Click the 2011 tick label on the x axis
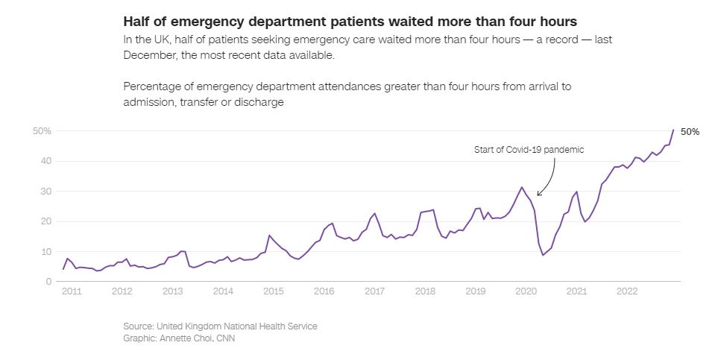point(71,291)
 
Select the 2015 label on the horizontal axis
point(273,291)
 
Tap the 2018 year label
point(425,291)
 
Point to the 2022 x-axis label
point(627,291)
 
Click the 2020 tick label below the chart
point(526,291)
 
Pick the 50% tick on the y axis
point(41,131)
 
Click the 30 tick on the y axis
point(45,192)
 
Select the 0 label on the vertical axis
point(48,282)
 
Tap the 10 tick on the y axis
point(45,252)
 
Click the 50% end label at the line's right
point(690,132)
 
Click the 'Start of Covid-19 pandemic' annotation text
point(529,150)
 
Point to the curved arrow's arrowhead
point(538,195)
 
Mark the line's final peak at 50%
point(673,130)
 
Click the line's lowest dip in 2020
point(543,255)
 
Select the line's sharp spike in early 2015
point(269,236)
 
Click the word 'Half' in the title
point(137,20)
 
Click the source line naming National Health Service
point(220,326)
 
